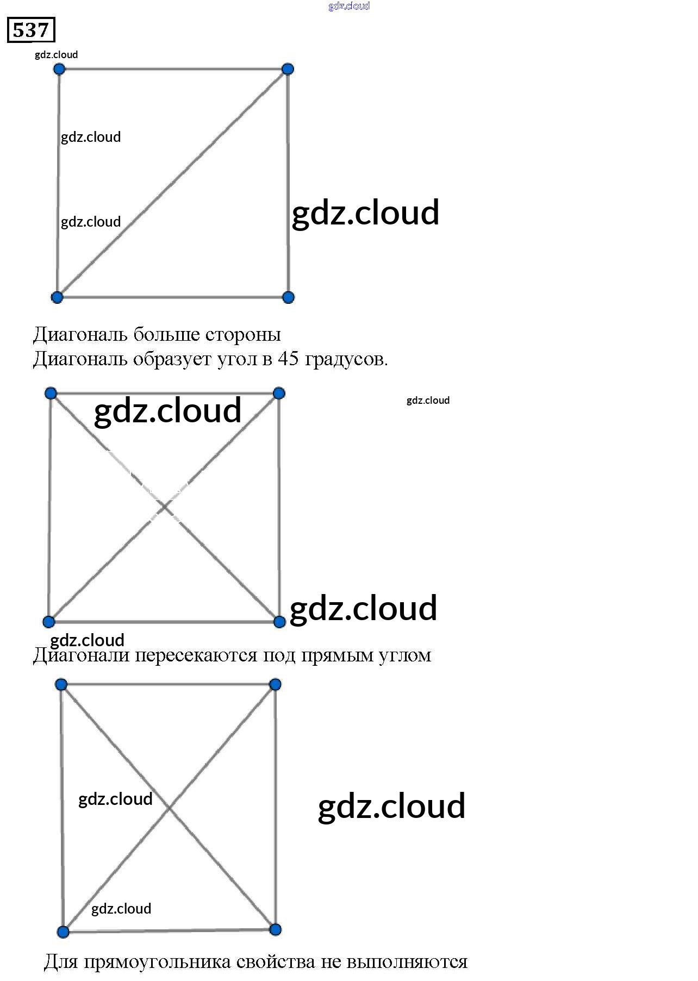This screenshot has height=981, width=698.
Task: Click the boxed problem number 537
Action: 31,30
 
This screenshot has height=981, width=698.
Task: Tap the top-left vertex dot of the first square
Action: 59,69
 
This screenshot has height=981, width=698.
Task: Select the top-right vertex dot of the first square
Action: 288,69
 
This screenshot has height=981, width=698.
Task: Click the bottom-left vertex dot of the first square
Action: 57,297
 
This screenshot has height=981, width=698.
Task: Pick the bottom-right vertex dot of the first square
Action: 289,297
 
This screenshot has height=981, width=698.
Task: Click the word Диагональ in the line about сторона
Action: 80,334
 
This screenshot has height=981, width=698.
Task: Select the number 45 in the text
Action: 288,359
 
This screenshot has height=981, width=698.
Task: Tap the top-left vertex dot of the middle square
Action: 51,393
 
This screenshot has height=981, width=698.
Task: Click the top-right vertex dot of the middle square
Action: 279,393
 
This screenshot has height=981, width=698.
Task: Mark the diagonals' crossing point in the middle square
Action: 164,508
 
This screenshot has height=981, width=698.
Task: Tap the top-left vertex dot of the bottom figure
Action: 61,684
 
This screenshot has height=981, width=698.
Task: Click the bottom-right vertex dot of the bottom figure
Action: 276,929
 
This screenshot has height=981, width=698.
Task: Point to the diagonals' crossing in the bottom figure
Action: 169,808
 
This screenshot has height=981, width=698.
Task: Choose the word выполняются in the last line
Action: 407,962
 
